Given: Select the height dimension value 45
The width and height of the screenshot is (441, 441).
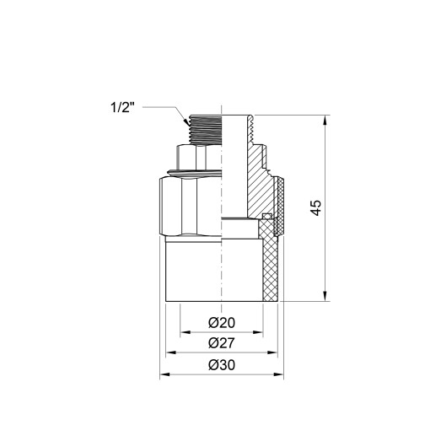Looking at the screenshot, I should pos(315,207).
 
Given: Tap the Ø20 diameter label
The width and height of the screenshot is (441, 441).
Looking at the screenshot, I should pos(220,322).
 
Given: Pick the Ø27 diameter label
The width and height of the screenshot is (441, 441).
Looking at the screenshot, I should pos(220,343).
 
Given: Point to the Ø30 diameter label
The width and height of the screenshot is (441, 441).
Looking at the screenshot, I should pos(220,364).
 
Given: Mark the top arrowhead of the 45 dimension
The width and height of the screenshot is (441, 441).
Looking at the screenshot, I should pos(325,119).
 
